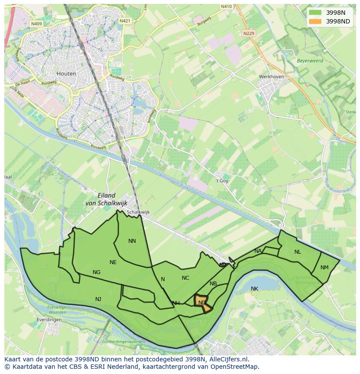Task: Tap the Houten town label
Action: click(66, 73)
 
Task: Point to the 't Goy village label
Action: click(222, 181)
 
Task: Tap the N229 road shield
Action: click(249, 33)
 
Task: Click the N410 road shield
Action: click(226, 7)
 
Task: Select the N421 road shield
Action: click(125, 20)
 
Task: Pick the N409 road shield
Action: click(36, 24)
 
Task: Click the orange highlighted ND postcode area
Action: click(202, 302)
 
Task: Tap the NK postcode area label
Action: click(254, 288)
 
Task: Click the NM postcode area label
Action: click(324, 268)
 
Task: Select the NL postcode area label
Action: click(297, 252)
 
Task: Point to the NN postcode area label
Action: click(132, 241)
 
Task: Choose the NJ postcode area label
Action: click(98, 299)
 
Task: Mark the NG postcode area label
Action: click(97, 272)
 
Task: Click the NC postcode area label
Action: click(185, 278)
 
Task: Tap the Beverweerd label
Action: click(310, 61)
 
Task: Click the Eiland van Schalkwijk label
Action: click(107, 199)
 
